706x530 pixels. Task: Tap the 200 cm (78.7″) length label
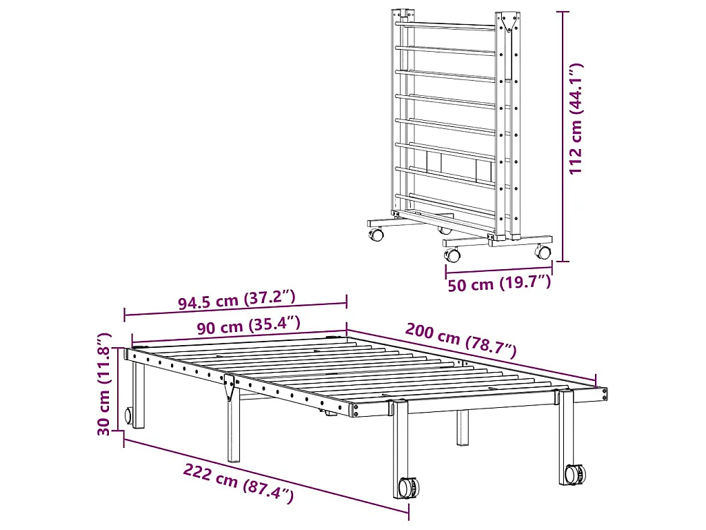tap(461, 340)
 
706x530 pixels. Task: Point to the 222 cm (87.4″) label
tap(239, 482)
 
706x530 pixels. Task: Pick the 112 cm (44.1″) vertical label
tap(577, 117)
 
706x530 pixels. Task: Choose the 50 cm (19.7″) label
tap(499, 283)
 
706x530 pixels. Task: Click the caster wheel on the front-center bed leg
tap(409, 487)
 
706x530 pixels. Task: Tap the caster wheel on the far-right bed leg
tap(574, 474)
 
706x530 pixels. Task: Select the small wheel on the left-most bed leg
tap(128, 415)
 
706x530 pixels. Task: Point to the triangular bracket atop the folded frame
tap(510, 23)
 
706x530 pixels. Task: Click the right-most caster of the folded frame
tap(544, 253)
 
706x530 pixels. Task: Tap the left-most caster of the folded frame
tap(377, 235)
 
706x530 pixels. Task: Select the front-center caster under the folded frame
tap(453, 255)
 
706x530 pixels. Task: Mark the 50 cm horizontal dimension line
tap(498, 271)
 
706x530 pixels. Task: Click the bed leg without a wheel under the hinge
tap(234, 431)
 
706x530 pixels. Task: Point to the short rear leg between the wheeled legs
tap(462, 428)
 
